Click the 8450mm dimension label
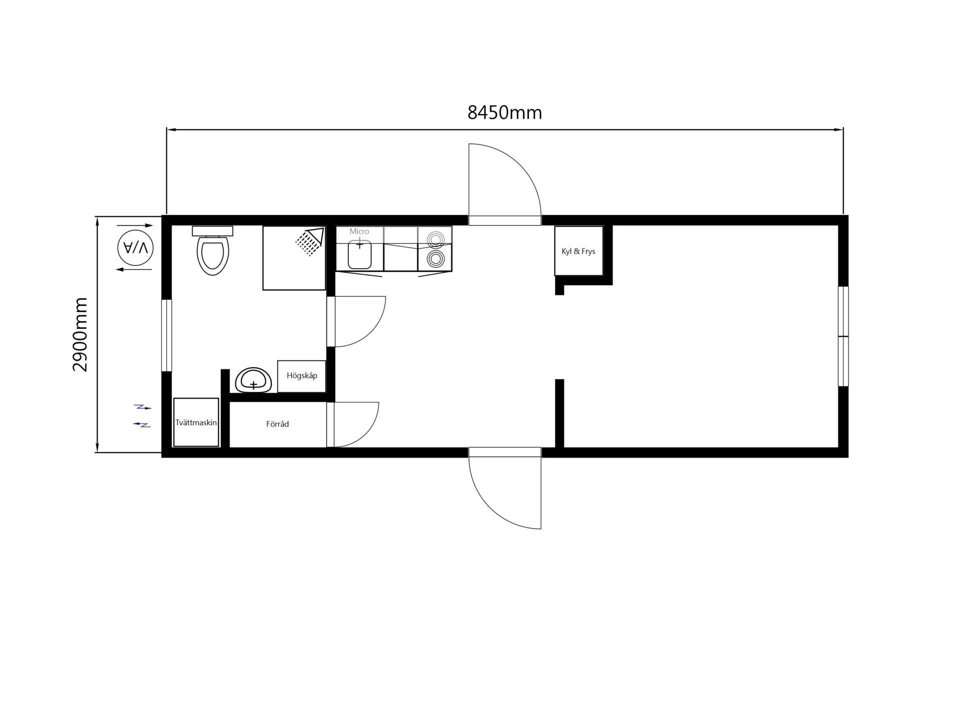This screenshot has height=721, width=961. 505,113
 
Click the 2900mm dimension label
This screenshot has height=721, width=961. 80,334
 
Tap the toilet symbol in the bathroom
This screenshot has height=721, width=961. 213,255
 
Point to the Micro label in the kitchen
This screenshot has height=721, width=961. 359,231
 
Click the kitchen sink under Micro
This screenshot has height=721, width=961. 360,254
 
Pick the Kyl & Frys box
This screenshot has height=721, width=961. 579,251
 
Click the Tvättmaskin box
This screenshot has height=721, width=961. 196,422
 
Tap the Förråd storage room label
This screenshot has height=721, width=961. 277,424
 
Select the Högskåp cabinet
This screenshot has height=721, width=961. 301,376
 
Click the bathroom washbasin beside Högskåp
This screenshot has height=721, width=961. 254,381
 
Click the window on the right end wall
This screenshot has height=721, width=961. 843,336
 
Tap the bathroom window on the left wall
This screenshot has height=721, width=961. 167,335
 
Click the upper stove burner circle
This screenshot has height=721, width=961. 435,239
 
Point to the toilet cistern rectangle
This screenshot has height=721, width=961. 213,231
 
